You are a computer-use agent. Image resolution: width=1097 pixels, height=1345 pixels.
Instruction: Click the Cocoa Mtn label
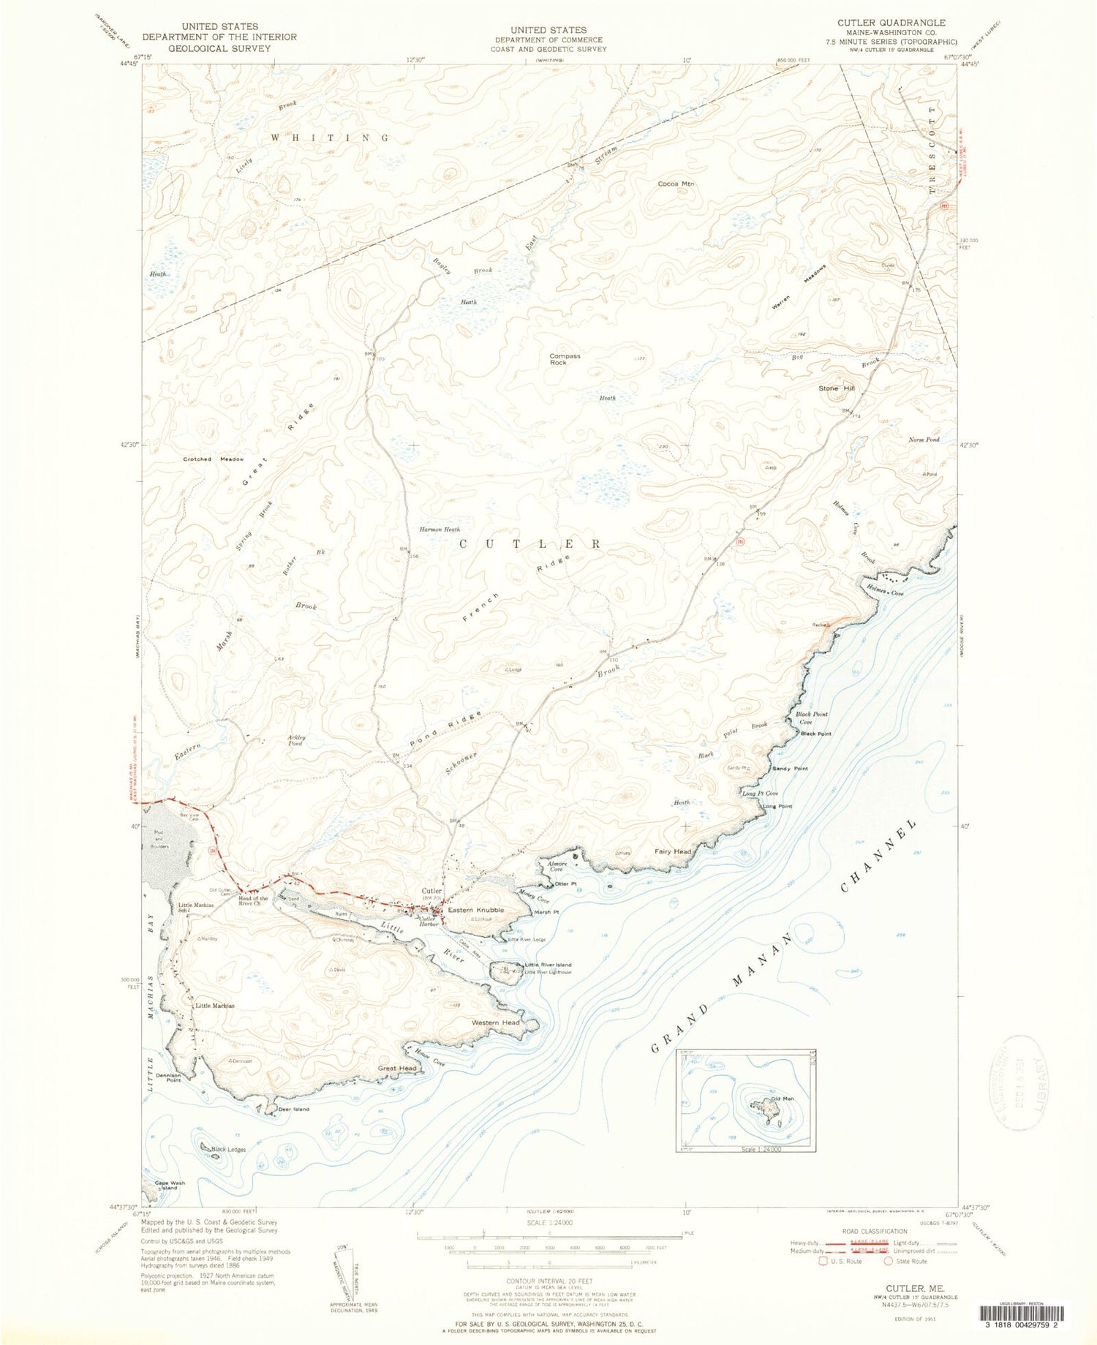coord(675,184)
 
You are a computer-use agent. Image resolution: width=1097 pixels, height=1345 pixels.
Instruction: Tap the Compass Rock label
coord(565,359)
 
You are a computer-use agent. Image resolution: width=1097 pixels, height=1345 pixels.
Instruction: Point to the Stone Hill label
coord(837,388)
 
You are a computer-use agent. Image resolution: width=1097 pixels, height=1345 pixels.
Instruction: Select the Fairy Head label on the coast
coord(673,851)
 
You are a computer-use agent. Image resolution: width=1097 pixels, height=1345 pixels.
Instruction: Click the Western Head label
coord(495,1022)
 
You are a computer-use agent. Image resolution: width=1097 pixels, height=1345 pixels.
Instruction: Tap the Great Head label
coord(397,1068)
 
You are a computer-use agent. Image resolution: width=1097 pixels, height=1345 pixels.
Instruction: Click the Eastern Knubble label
coord(476,910)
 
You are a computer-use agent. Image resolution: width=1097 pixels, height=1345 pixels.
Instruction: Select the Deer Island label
coord(294,1109)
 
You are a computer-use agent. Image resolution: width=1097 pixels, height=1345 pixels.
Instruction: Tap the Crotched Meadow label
coord(214,459)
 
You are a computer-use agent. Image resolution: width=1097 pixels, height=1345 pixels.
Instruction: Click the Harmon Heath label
coord(440,529)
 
